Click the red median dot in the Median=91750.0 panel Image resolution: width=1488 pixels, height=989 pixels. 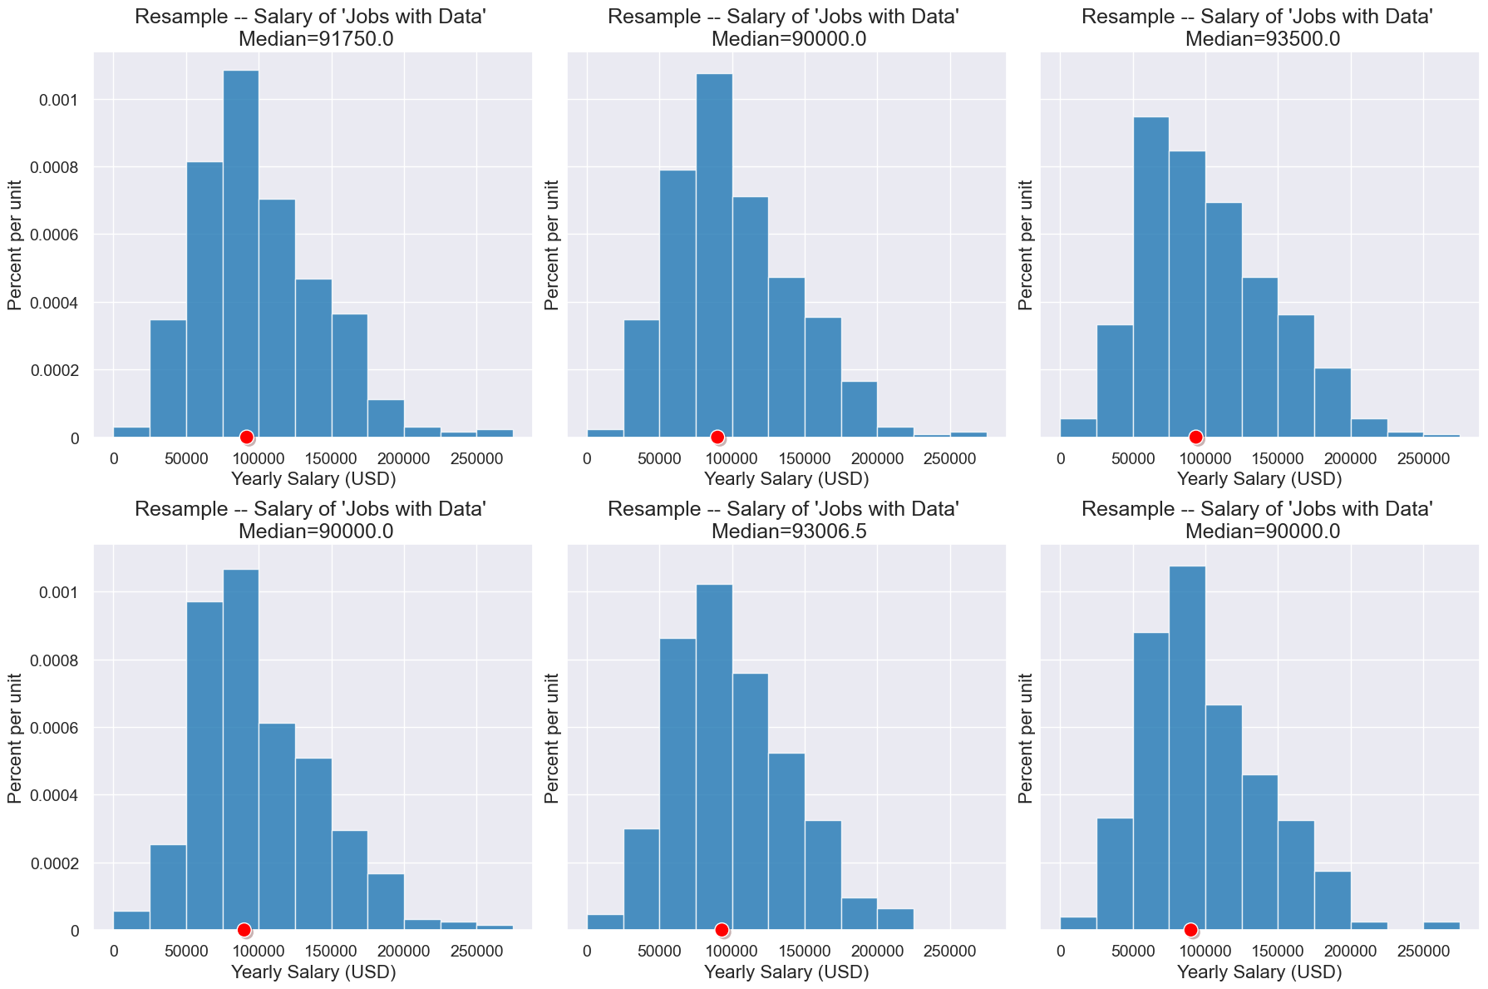[246, 437]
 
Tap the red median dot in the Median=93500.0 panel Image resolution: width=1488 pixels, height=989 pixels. [1195, 437]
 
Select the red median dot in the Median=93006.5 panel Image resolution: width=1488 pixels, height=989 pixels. [722, 929]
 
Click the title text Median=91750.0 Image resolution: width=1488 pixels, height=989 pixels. [316, 39]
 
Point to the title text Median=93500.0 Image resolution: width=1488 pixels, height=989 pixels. [1262, 39]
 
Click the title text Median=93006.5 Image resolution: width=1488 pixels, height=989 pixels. [789, 532]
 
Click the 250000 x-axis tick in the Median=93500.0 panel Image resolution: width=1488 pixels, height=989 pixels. [1423, 458]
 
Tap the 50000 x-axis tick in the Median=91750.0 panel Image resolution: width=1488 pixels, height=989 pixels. [186, 458]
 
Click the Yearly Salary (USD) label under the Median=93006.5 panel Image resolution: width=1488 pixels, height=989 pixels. [786, 972]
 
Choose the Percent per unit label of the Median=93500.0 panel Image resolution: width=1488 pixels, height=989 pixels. [1026, 245]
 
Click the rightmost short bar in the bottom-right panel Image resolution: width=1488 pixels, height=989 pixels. [1441, 925]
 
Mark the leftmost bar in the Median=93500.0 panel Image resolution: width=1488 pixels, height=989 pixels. [1078, 428]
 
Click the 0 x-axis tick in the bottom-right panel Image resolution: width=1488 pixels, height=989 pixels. [1061, 951]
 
